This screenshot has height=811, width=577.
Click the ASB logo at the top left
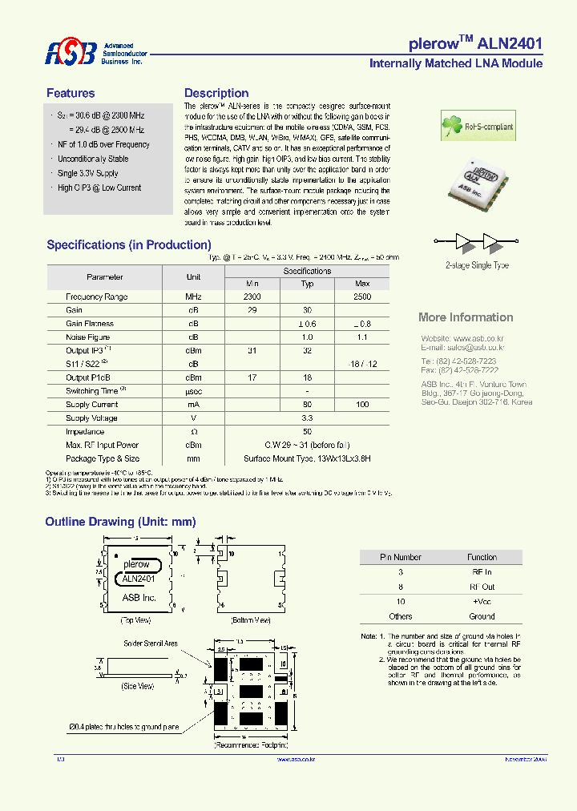[71, 54]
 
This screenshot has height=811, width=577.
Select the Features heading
[71, 93]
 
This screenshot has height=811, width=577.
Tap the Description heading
[216, 93]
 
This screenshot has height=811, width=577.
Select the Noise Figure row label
[88, 337]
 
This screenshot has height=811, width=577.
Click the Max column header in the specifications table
[362, 284]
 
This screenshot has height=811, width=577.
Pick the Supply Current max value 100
[362, 405]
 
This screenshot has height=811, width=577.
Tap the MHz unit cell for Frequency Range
[193, 297]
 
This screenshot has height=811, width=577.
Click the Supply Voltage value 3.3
[307, 418]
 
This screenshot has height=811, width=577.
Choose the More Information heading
[466, 317]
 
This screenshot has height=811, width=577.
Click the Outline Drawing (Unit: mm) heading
[120, 522]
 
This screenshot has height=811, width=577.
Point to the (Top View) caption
[136, 620]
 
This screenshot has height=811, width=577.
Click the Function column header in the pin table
[482, 557]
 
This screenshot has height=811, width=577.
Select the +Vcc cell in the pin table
[482, 601]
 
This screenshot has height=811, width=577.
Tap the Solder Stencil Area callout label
[151, 644]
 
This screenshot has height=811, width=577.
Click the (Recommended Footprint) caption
[251, 745]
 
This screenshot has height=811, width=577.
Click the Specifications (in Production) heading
[129, 245]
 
